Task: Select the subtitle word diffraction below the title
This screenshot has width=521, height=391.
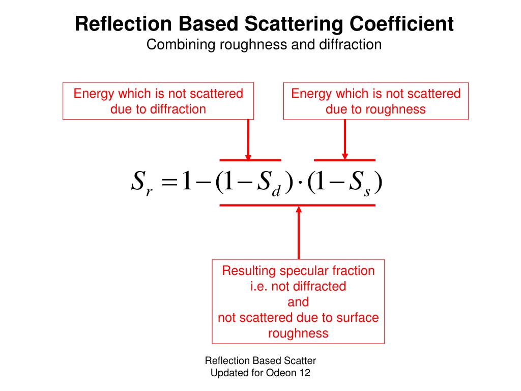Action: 350,45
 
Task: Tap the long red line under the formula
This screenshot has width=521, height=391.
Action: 298,205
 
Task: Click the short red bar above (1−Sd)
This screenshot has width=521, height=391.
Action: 250,160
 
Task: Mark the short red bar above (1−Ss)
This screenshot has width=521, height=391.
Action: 345,160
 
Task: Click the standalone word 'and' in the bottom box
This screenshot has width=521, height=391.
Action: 298,302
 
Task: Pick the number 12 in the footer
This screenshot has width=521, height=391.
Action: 305,373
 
